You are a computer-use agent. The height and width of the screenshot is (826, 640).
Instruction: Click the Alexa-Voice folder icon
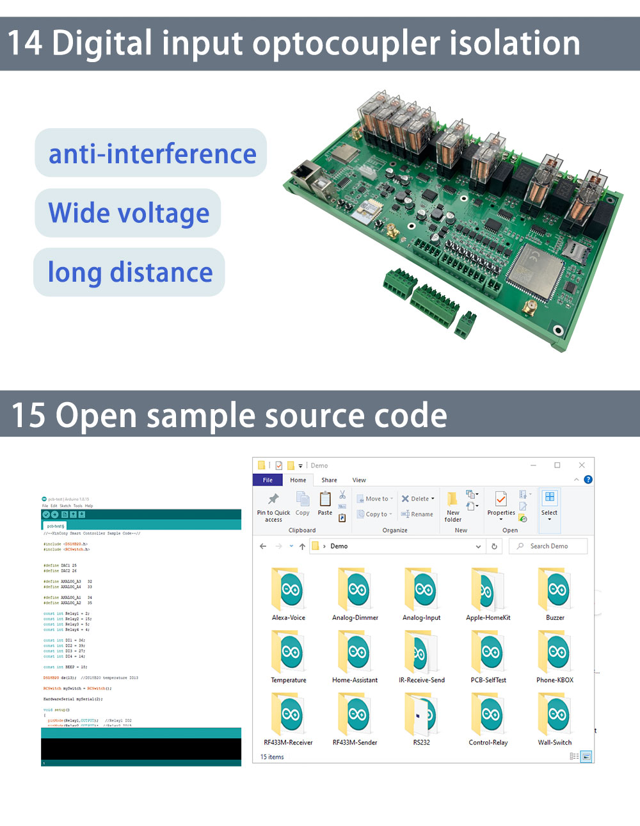click(289, 589)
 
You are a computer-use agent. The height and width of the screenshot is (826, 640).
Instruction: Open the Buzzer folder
click(555, 589)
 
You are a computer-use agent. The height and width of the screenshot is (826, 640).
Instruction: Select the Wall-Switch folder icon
click(555, 714)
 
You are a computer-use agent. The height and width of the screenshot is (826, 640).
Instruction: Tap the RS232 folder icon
click(422, 714)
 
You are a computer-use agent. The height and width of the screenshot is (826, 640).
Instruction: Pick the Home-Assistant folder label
click(355, 680)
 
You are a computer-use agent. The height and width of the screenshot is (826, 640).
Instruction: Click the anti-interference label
click(152, 154)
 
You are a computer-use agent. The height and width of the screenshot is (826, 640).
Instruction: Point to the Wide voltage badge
click(129, 213)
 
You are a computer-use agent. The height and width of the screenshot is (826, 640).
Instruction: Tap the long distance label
click(130, 273)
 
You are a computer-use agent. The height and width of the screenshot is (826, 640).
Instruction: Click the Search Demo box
click(549, 546)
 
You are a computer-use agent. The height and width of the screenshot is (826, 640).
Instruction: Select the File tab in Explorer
click(268, 480)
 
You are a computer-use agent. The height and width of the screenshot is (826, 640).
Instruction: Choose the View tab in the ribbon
click(359, 480)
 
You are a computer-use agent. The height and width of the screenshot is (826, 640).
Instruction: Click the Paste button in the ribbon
click(325, 503)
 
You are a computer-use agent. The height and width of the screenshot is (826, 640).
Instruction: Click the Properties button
click(501, 503)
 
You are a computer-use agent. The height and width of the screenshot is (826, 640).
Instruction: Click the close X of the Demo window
click(582, 466)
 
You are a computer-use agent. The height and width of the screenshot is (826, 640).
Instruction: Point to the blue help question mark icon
click(588, 480)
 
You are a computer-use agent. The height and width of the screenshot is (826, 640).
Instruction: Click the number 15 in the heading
click(28, 415)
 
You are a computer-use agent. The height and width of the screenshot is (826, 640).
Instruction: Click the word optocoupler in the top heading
click(346, 44)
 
